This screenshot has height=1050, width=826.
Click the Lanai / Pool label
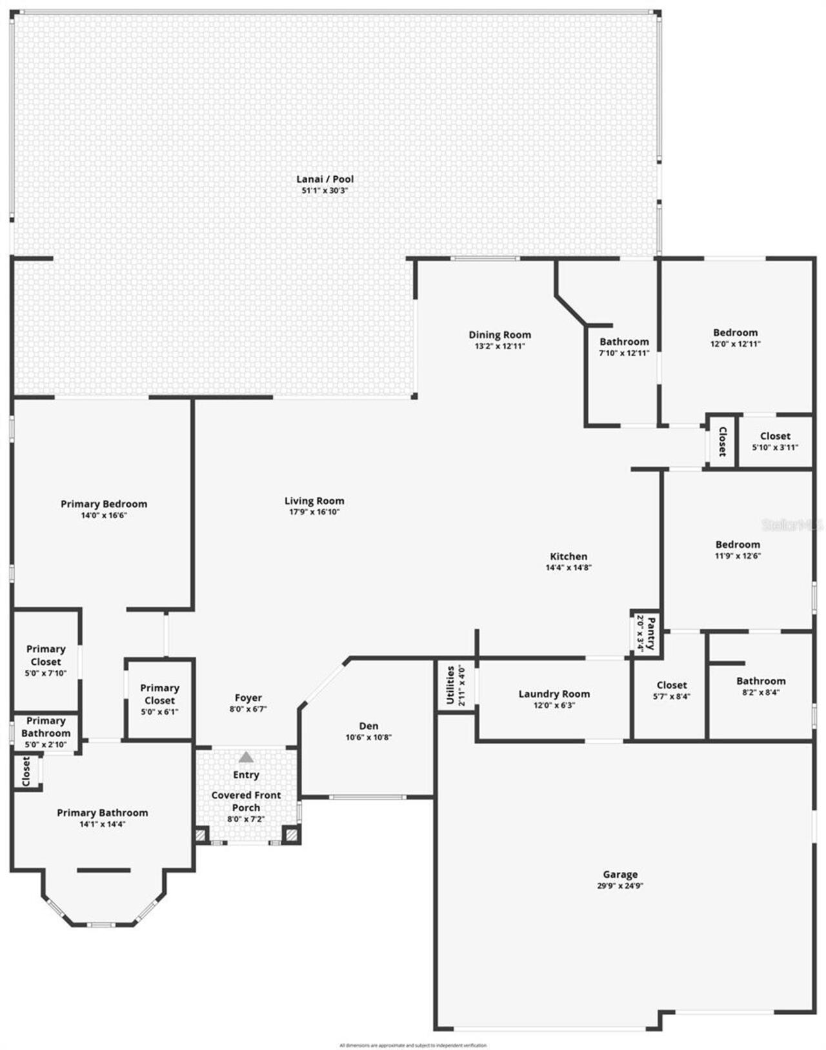tap(325, 179)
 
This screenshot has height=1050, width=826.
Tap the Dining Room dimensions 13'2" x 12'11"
tap(499, 347)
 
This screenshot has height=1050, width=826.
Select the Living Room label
tap(314, 501)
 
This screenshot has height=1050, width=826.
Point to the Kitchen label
tap(569, 556)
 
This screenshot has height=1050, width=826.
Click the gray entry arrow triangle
tap(246, 757)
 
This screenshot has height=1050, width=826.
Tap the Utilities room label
tap(450, 685)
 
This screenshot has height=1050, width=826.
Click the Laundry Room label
tap(554, 694)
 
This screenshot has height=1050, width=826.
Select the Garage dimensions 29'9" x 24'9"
tap(620, 886)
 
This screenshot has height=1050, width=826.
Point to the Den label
tap(368, 726)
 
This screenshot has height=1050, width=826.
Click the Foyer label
tap(248, 698)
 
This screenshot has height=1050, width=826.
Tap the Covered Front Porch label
tap(246, 801)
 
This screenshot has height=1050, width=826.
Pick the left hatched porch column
tap(201, 836)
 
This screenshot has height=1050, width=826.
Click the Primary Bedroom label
tap(104, 504)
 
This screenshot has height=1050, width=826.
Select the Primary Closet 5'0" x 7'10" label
tap(46, 655)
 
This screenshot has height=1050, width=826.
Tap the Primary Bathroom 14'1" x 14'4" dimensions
tap(103, 824)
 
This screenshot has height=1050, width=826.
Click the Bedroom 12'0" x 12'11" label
tap(735, 333)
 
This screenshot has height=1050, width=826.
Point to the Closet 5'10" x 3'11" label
tap(775, 436)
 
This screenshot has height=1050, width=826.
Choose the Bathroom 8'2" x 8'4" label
tap(761, 681)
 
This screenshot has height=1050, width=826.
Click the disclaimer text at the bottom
tap(413, 1045)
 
